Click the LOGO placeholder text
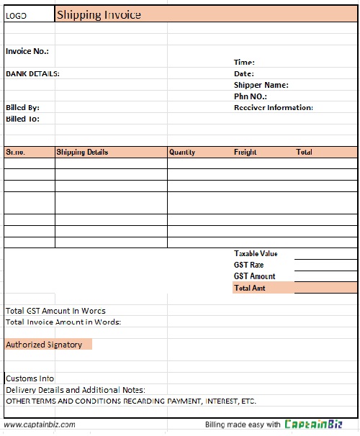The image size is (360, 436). pos(16,15)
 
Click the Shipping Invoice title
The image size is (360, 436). pos(99,14)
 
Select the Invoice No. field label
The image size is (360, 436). pos(27,51)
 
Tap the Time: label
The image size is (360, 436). pos(244,63)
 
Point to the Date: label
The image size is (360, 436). pos(244,73)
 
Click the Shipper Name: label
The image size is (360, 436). pos(261,85)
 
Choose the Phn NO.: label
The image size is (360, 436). pos(251,96)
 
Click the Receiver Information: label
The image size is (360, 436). pos(273,107)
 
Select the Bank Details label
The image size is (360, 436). pos(32,73)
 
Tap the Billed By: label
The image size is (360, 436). pos(22,107)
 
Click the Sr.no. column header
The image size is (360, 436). pos(15,153)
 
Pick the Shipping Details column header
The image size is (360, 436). pos(82,153)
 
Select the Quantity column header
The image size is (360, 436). pos(182,153)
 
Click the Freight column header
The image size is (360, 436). pos(246,153)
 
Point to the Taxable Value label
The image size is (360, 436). pos(256,253)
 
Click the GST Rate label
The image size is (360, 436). pos(248,265)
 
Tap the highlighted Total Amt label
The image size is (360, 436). pos(250,288)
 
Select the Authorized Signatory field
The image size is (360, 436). pos(44,345)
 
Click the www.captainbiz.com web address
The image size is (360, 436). pos(40,424)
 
